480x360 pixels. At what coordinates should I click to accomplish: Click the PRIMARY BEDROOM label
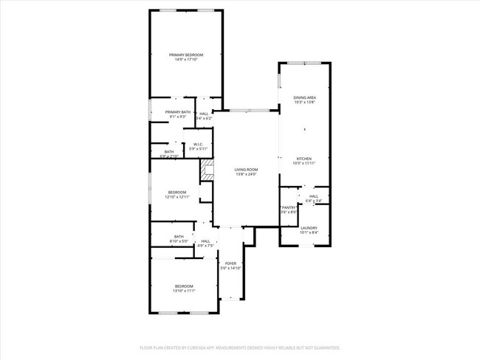186,55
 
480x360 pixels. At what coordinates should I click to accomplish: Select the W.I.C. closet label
199,144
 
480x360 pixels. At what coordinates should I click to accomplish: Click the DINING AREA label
304,97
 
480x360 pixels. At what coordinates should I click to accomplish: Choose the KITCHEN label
304,158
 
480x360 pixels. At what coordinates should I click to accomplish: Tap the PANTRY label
289,207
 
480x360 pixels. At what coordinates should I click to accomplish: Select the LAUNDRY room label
309,228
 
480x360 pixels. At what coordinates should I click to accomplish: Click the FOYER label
231,263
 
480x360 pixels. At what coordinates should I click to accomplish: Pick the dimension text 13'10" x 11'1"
184,291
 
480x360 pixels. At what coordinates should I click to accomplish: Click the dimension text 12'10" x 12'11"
176,197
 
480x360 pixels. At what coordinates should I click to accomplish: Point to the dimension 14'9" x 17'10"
186,60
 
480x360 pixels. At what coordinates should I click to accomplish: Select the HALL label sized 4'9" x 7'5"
205,240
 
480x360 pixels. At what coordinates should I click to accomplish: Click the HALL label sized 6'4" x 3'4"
314,195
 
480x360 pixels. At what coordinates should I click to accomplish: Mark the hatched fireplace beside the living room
206,170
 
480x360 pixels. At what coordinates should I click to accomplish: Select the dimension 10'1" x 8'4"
309,233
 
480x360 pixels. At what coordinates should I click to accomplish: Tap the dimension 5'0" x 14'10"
231,268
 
